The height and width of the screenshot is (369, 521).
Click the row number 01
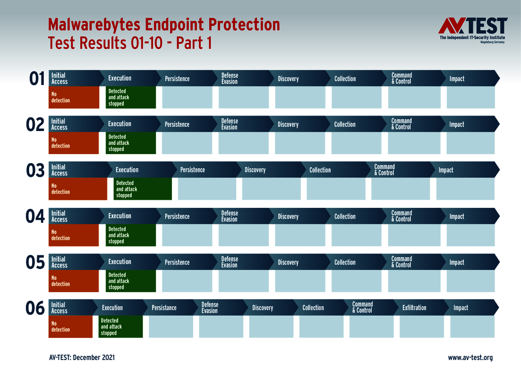pyautogui.click(x=37, y=79)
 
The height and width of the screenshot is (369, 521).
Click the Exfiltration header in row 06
pyautogui.click(x=414, y=308)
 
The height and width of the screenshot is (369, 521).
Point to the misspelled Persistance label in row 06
pyautogui.click(x=164, y=308)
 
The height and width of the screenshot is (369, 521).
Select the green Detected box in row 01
pyautogui.click(x=131, y=98)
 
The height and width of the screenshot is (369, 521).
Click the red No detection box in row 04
pyautogui.click(x=73, y=235)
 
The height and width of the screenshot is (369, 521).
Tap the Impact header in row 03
pyautogui.click(x=446, y=170)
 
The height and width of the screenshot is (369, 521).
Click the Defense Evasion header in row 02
pyautogui.click(x=229, y=124)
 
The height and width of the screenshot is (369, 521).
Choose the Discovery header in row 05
pyautogui.click(x=288, y=262)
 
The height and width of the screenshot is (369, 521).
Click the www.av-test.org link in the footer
pyautogui.click(x=470, y=358)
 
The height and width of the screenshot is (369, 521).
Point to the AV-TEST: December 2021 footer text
pyautogui.click(x=81, y=358)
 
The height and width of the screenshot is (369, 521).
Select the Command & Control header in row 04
pyautogui.click(x=401, y=216)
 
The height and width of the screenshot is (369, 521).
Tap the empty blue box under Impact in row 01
pyautogui.click(x=471, y=98)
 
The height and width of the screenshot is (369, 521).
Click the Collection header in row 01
pyautogui.click(x=345, y=79)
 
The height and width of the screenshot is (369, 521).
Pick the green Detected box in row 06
pyautogui.click(x=121, y=327)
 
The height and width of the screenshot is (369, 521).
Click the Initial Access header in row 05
pyautogui.click(x=59, y=262)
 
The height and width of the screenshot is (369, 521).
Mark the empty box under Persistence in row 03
pyautogui.click(x=207, y=189)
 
